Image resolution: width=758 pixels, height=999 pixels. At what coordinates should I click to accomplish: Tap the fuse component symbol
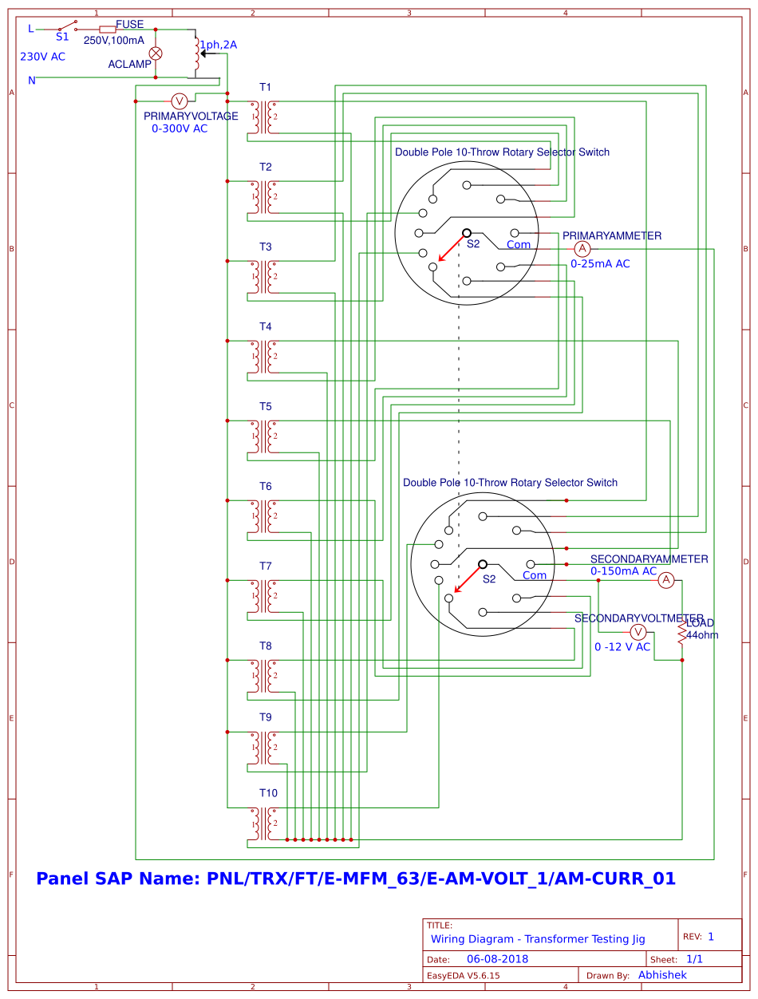[107, 29]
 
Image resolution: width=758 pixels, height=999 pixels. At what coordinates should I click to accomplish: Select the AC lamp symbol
[156, 53]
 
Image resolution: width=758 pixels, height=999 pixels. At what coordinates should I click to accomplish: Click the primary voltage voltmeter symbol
[180, 101]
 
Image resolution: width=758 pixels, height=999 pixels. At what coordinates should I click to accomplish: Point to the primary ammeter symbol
[582, 249]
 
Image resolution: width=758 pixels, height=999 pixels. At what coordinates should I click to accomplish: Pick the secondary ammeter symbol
[666, 580]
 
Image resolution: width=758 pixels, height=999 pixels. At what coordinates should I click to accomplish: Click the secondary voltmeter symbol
[638, 632]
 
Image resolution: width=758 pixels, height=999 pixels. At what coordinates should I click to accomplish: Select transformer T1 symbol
[264, 117]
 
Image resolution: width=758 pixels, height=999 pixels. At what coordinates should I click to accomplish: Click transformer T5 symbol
[264, 436]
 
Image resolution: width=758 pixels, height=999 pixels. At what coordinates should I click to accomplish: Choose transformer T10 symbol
[264, 823]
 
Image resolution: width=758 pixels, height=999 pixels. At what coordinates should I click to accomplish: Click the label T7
[265, 566]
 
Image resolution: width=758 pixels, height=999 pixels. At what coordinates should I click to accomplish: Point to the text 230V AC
[42, 57]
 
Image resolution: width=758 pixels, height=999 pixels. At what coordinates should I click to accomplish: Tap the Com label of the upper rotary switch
[519, 245]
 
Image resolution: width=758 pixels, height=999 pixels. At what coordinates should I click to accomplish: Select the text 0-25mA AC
[600, 263]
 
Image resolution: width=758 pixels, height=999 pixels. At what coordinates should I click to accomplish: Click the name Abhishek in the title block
[662, 975]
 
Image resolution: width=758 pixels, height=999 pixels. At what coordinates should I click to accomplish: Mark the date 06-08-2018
[498, 959]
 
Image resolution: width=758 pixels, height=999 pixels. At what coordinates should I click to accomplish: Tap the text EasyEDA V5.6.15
[464, 975]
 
